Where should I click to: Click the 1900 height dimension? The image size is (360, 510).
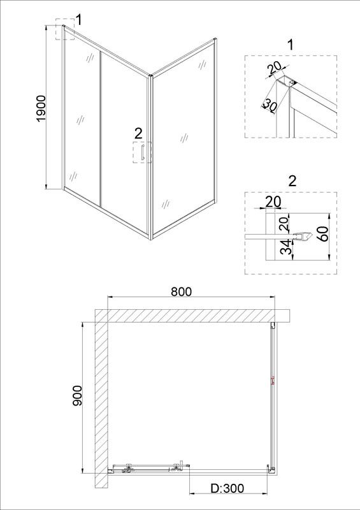(x=42, y=108)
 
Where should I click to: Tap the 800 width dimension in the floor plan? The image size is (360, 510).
(x=181, y=291)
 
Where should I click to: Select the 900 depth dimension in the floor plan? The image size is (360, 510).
(x=77, y=395)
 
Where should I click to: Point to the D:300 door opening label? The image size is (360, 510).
(x=227, y=488)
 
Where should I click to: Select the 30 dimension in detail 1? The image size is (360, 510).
(x=270, y=105)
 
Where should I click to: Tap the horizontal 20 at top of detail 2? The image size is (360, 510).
(x=273, y=201)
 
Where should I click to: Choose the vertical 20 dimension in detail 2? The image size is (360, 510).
(x=284, y=224)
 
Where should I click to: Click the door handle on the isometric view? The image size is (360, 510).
(x=142, y=152)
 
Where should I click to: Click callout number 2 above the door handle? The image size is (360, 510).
(x=138, y=133)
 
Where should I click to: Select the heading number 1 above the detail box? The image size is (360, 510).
(x=291, y=45)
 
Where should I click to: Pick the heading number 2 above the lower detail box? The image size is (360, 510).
(x=292, y=181)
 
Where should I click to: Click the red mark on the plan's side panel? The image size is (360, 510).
(x=273, y=380)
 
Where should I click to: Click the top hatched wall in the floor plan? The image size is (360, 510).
(x=192, y=316)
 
